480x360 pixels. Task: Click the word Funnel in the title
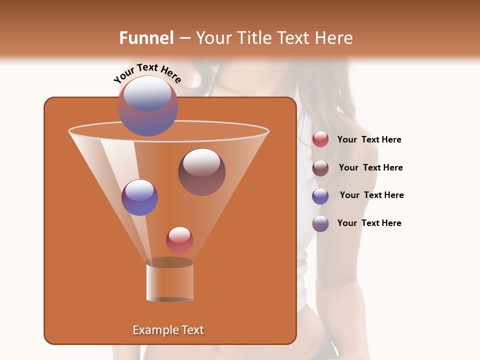[146, 38]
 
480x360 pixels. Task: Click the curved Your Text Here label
[147, 73]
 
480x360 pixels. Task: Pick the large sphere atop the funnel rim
[147, 106]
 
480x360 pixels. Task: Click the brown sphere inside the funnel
[201, 171]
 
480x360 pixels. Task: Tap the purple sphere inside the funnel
[139, 197]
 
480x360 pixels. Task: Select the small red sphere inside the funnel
[179, 240]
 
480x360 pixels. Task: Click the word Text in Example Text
[192, 330]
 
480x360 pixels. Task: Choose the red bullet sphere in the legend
[320, 139]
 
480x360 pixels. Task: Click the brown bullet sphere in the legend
[320, 168]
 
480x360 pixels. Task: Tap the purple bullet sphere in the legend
[320, 196]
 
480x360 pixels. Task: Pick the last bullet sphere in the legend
[320, 223]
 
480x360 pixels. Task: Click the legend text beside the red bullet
[369, 140]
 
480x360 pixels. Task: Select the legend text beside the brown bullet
[370, 167]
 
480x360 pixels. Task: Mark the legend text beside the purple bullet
[371, 195]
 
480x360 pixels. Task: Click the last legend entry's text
[369, 223]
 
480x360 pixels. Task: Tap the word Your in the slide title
[212, 38]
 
